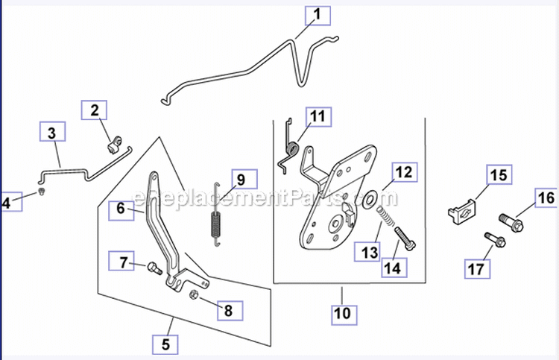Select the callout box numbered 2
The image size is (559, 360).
click(94, 111)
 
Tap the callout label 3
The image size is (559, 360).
click(51, 134)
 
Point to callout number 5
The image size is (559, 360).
click(165, 344)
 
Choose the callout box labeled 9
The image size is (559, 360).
click(240, 180)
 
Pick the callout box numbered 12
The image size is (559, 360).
click(402, 172)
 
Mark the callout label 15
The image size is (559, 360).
click(497, 175)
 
